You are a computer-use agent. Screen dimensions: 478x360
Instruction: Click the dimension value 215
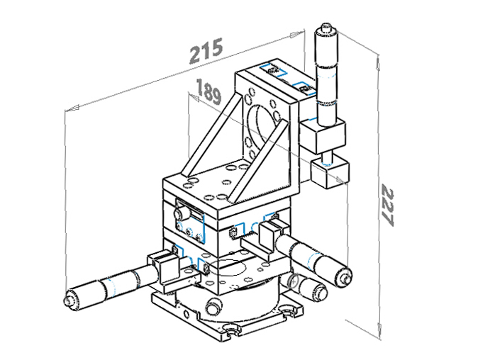[206, 50]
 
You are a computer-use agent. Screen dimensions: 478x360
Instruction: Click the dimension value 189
[209, 91]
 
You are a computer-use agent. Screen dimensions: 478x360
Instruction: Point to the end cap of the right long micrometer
[345, 276]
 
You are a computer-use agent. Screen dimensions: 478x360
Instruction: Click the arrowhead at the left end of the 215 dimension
[72, 108]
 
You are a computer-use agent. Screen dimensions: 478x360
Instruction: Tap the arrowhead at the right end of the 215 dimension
[297, 35]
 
